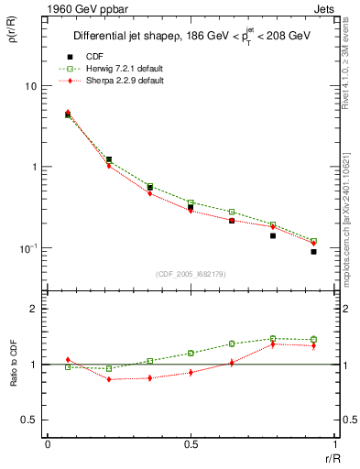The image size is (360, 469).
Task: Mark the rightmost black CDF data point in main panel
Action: click(x=313, y=251)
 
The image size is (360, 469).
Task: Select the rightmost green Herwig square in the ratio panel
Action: click(x=313, y=340)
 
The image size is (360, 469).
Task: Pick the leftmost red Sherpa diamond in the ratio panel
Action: click(x=68, y=360)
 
